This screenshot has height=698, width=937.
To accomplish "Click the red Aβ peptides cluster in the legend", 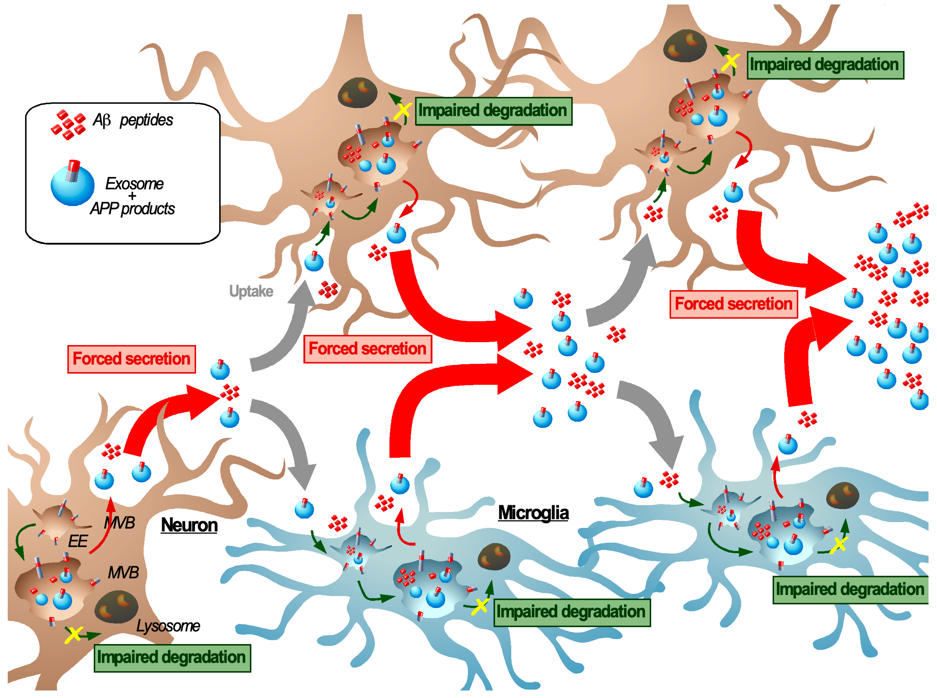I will [x=68, y=125].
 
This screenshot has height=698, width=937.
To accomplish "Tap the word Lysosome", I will [x=168, y=626].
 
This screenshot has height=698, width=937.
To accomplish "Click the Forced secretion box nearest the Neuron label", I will [x=131, y=359].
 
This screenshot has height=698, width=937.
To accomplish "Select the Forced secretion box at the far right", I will [x=733, y=304].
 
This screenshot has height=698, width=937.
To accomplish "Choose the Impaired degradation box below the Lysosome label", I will [x=172, y=658].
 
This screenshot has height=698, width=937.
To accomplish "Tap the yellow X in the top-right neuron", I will [x=730, y=62].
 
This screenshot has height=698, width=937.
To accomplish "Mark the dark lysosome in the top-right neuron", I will [x=685, y=46].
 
